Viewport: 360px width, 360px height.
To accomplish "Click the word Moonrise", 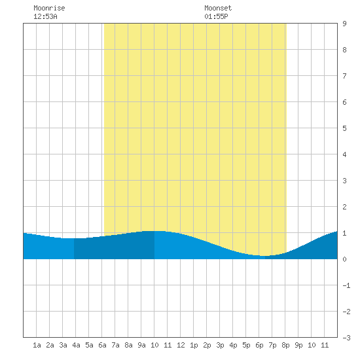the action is (x=49, y=8).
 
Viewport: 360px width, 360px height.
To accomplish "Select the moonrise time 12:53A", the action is (x=45, y=16).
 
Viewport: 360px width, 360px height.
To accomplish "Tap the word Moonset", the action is (x=218, y=8).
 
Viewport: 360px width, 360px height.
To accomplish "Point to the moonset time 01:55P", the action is (x=216, y=16).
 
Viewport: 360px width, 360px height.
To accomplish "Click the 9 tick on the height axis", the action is (x=344, y=24).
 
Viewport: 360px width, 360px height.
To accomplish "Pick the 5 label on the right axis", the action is (x=344, y=128).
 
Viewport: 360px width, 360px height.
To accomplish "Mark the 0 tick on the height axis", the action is (x=344, y=259).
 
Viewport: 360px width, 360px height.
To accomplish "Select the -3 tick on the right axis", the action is (x=346, y=338).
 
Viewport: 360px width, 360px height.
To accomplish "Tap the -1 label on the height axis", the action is (x=346, y=285).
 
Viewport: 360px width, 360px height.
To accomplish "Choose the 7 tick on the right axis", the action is (x=344, y=76).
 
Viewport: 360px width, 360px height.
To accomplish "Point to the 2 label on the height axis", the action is (x=344, y=207).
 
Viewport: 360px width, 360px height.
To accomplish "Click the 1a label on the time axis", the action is (x=37, y=345).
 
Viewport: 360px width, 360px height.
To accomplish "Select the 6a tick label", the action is (x=102, y=345).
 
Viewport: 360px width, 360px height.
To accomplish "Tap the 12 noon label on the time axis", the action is (x=181, y=345).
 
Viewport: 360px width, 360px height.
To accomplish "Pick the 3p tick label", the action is (x=220, y=345).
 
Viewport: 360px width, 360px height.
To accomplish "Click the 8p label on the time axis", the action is (x=285, y=345).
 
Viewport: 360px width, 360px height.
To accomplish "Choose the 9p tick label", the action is (x=298, y=345).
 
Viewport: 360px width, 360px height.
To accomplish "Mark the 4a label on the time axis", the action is (x=76, y=345).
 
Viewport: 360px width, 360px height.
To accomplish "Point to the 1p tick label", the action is (x=194, y=345).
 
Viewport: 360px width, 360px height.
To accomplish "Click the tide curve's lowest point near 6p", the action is (x=264, y=256).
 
